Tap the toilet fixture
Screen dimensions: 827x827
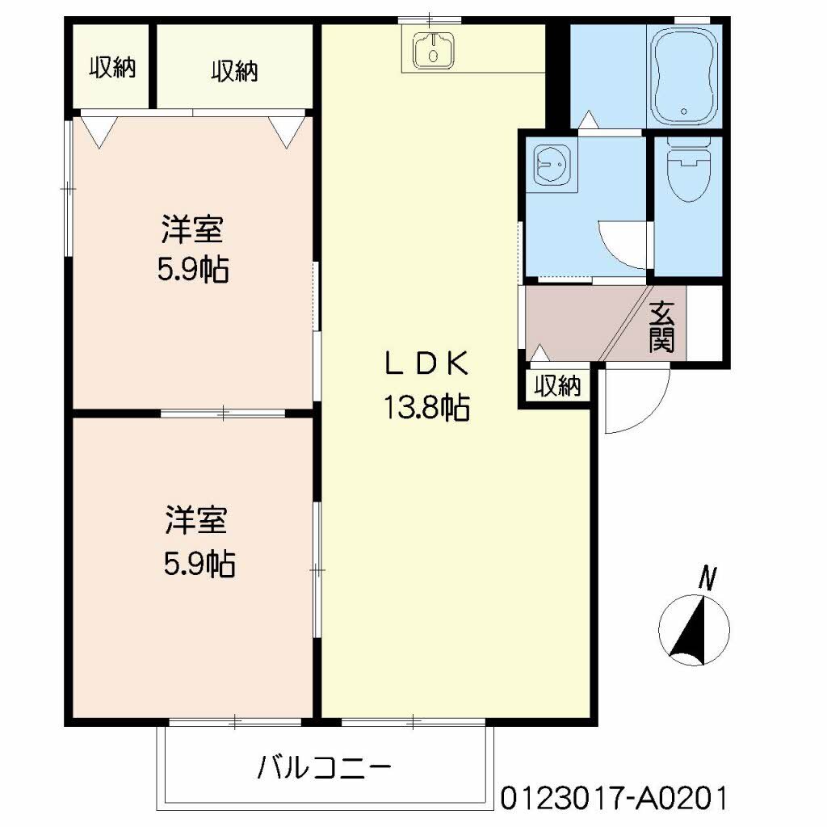click(x=688, y=170)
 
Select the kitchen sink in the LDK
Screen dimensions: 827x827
click(x=433, y=51)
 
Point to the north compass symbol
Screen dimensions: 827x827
click(x=694, y=630)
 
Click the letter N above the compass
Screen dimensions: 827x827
click(x=707, y=578)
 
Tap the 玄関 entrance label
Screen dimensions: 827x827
click(x=661, y=326)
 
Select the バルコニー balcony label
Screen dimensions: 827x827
click(x=325, y=766)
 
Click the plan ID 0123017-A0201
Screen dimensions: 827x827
click(x=614, y=798)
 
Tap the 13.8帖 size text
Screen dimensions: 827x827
click(x=426, y=407)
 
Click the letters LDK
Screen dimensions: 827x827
click(x=426, y=364)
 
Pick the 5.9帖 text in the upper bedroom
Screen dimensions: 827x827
click(x=193, y=270)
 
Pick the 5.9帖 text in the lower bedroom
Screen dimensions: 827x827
click(x=199, y=563)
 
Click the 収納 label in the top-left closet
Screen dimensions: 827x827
click(x=112, y=68)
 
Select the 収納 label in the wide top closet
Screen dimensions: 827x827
click(x=235, y=71)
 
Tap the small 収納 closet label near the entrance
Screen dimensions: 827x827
click(x=557, y=386)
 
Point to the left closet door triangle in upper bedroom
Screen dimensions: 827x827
click(x=99, y=132)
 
